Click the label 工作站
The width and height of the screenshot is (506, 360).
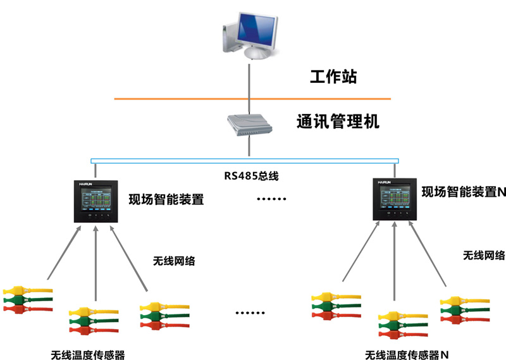click(x=333, y=78)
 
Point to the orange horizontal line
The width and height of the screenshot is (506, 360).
click(x=158, y=99)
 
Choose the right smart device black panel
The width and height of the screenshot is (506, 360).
click(x=396, y=199)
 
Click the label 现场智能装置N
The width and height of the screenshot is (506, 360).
click(x=464, y=192)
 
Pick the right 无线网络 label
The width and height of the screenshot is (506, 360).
click(x=484, y=256)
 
